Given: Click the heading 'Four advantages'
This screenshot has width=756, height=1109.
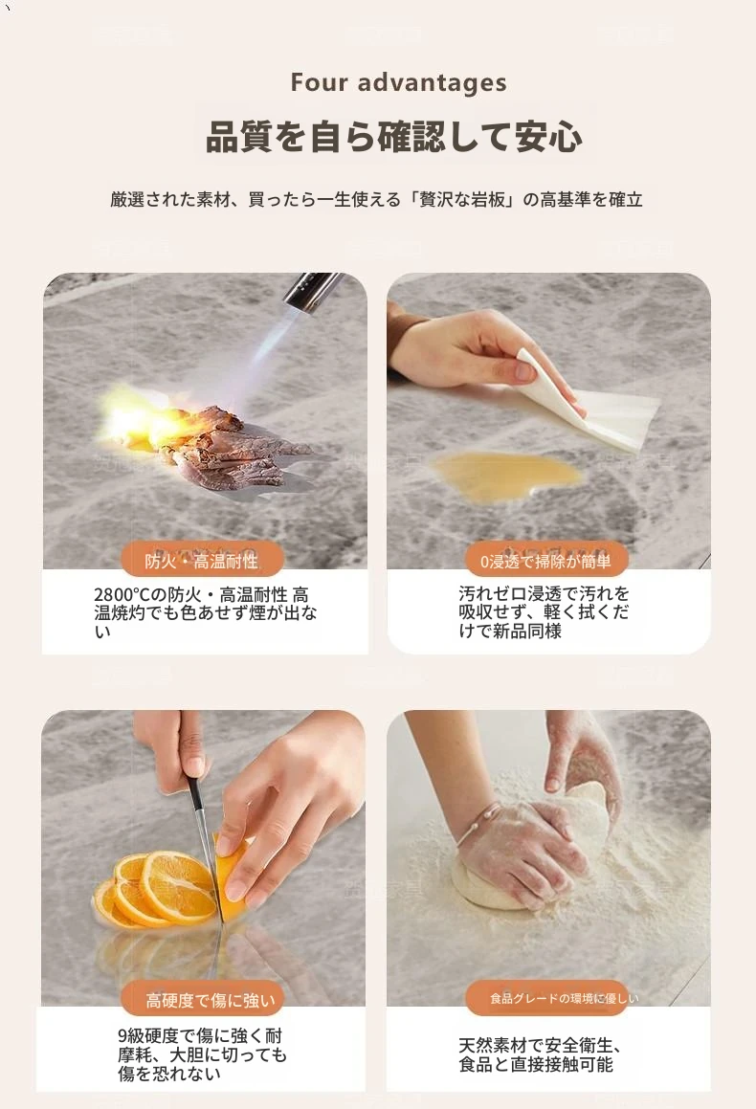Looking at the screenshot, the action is pos(398,82).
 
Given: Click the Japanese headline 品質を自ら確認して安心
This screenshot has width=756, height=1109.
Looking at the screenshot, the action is pos(394,136).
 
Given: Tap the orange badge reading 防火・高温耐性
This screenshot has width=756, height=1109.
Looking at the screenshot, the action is pos(202,561).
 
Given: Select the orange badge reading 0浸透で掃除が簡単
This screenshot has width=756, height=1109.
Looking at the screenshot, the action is pos(546,561).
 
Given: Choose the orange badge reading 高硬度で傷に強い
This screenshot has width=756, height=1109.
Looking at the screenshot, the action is pos(203,1000).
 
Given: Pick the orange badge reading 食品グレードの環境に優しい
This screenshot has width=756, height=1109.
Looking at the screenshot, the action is pos(546,998).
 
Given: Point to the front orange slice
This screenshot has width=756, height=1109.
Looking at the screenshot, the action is pos(177,888).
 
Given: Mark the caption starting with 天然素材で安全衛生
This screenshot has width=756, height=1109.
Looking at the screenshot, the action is pos(540,1054).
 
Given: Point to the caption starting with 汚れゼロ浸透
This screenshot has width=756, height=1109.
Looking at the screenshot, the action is pos(544,611).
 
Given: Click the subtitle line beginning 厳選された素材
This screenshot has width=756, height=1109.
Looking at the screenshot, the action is pos(376,199).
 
